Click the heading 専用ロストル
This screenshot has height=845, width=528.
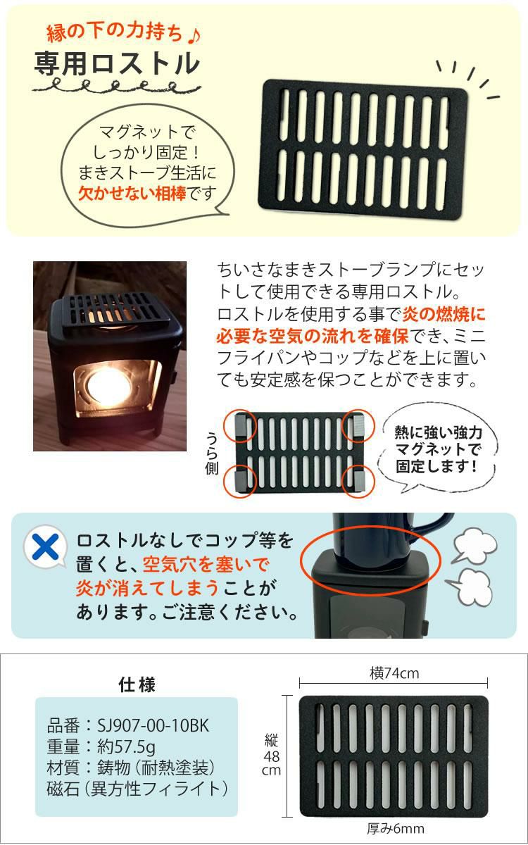pos(117,64)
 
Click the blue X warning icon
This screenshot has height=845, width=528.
pos(42,545)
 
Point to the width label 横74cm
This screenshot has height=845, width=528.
pos(394,674)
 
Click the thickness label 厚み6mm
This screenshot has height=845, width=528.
pos(396,828)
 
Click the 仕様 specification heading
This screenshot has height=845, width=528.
pos(137,684)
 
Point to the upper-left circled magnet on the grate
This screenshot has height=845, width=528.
pos(239,426)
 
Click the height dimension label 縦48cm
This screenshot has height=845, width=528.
pos(272,754)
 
